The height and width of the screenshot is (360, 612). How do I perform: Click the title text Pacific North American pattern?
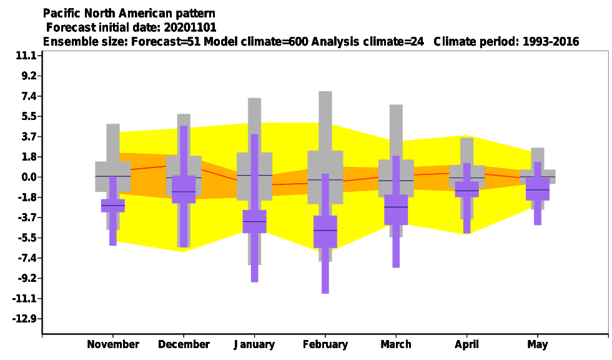tap(129, 14)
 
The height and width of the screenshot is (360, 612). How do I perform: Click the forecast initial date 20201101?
tap(190, 27)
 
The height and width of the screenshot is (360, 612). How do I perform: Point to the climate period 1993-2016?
tap(551, 42)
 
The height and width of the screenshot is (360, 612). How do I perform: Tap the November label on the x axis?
tap(113, 344)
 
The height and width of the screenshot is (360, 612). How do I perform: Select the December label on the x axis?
tap(184, 344)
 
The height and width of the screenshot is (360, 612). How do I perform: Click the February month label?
tap(325, 344)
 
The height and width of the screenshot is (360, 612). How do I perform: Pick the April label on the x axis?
tap(467, 344)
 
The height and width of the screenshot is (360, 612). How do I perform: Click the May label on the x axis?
tap(538, 344)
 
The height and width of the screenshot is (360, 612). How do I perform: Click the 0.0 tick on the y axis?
tap(29, 177)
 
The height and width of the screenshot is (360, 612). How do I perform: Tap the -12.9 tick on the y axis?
tap(24, 319)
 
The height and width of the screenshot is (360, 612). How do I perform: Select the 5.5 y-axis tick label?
tap(29, 116)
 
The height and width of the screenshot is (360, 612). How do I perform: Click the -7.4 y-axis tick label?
tap(26, 257)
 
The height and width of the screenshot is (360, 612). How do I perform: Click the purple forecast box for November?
tap(113, 206)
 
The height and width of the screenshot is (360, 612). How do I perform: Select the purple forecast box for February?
tap(325, 231)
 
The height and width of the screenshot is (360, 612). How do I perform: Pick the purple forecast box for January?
tap(255, 221)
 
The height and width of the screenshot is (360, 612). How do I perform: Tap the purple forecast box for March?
tap(396, 209)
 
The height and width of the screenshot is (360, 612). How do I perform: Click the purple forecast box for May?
tap(538, 189)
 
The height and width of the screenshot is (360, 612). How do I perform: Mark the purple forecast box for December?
tap(184, 189)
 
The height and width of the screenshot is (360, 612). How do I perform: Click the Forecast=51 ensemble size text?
tap(166, 42)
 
